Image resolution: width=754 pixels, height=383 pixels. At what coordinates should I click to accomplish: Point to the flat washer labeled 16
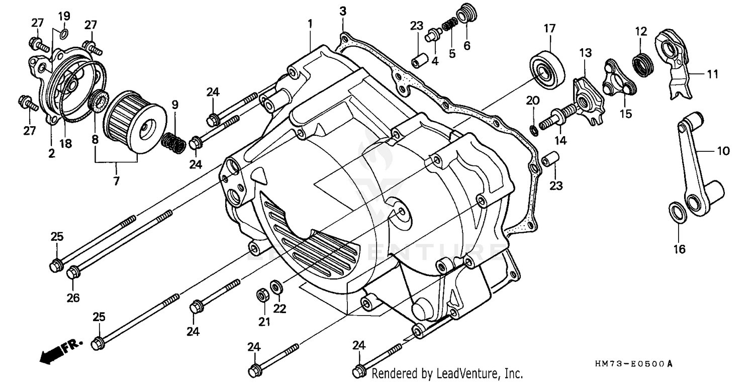(677, 211)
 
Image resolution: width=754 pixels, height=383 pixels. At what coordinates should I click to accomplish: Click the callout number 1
(310, 23)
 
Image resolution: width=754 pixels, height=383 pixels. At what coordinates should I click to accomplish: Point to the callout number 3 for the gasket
(342, 11)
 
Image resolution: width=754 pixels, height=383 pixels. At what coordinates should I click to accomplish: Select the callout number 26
(73, 298)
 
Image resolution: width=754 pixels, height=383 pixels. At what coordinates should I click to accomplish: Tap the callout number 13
(585, 52)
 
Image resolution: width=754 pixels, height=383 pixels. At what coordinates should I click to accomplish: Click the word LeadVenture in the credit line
(473, 374)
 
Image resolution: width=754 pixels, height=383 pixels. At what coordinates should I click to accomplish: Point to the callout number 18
(66, 144)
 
